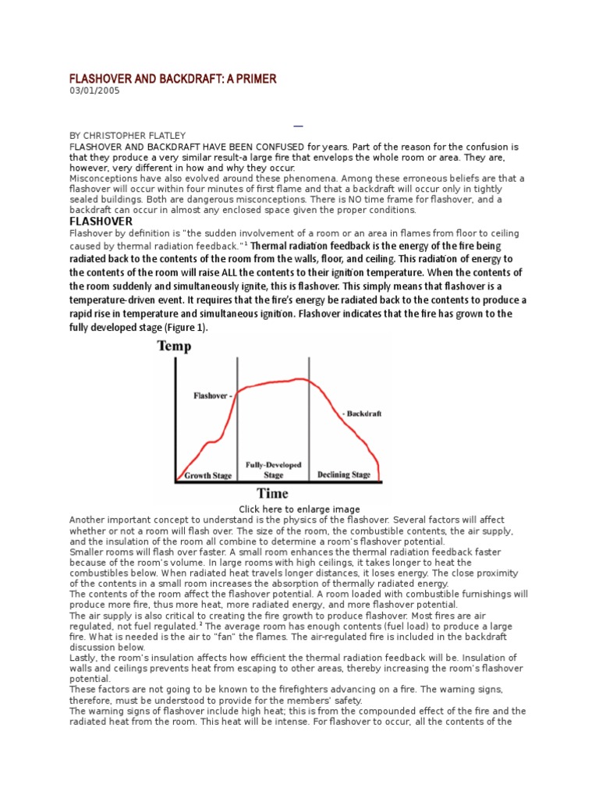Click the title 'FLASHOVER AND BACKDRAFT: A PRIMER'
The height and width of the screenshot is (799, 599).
[x=173, y=79]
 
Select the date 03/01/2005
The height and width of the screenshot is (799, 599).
[x=95, y=91]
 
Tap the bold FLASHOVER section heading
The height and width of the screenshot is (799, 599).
[x=101, y=222]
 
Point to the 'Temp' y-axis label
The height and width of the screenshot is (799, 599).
[x=174, y=346]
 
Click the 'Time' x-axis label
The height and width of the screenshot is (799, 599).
[x=273, y=493]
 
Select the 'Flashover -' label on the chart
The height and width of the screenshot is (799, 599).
[x=213, y=396]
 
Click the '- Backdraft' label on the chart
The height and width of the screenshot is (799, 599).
[x=361, y=414]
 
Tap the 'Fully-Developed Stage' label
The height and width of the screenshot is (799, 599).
[x=273, y=469]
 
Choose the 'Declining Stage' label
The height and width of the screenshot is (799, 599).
[x=343, y=474]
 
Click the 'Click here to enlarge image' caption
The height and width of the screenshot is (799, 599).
[x=293, y=510]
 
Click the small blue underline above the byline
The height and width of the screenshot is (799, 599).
[x=297, y=126]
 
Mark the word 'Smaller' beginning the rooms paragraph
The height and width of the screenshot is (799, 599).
[x=87, y=552]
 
